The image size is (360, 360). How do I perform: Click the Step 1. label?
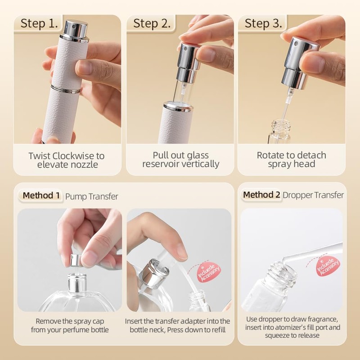coord(39,23)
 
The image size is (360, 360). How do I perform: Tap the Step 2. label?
coord(152,23)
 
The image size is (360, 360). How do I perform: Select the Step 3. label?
coord(263,23)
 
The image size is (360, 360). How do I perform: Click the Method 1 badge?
coord(41,196)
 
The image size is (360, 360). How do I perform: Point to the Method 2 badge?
coord(261,195)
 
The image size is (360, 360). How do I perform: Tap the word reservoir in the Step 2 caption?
coord(161,164)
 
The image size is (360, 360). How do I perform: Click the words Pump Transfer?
coord(92,197)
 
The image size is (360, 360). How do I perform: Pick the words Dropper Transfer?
coord(313,195)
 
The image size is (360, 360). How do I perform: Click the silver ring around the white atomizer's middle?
coord(66,89)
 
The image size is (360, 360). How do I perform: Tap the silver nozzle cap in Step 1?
coord(75,31)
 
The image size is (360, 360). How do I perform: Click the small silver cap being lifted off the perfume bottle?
coord(77,260)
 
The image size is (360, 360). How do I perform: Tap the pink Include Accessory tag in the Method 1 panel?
coord(208,273)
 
